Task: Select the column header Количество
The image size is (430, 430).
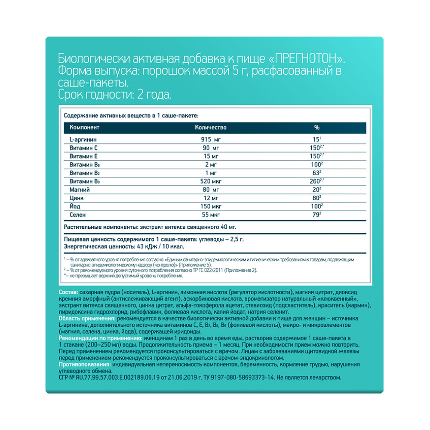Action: [211, 128]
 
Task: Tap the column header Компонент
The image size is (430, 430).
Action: [85, 128]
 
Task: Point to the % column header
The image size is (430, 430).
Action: [317, 128]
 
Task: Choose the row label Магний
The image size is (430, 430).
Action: [79, 189]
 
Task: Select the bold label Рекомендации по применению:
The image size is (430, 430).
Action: [97, 338]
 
